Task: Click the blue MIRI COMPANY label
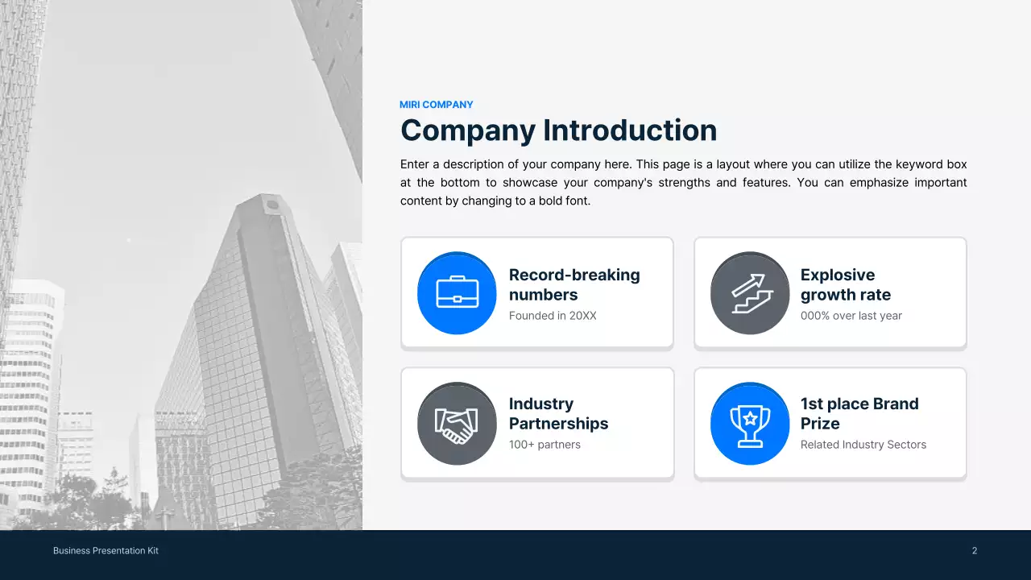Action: coord(436,105)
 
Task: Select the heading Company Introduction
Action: coord(558,130)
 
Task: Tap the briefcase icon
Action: coord(457,292)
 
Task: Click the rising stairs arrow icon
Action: coord(750,292)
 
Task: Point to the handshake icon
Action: coord(457,423)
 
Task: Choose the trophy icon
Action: coord(750,423)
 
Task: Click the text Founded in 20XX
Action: coord(553,316)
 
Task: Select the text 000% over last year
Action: coord(851,316)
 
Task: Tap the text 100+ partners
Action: coord(544,445)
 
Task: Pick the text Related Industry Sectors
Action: coord(863,445)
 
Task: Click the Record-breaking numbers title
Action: coord(573,284)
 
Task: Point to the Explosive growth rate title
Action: coord(845,284)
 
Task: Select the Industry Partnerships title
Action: coord(558,413)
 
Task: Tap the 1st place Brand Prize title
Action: coord(859,413)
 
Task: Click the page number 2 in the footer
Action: coord(975,551)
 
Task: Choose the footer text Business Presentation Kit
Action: coord(106,551)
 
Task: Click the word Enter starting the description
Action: coord(416,164)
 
